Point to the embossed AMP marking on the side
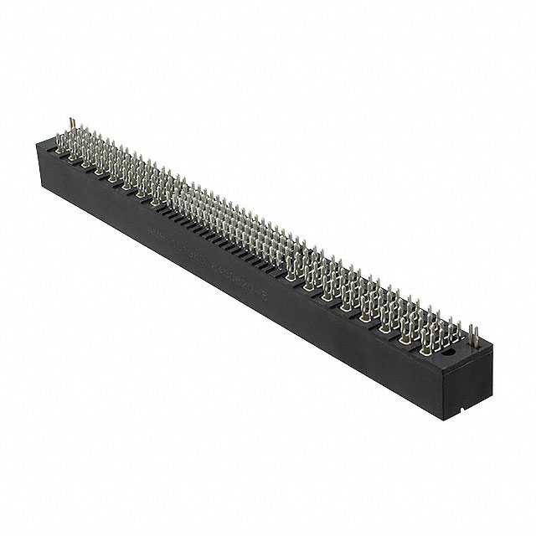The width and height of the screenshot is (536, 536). pos(153,227)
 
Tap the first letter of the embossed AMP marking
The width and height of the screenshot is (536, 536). pos(147,224)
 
